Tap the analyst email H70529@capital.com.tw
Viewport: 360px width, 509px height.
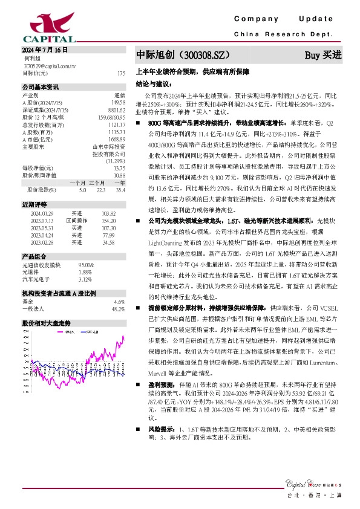coord(50,65)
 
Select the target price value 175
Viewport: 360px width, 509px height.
coord(121,73)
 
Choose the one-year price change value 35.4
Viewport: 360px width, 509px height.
coord(120,190)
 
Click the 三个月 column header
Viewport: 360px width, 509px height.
coord(97,183)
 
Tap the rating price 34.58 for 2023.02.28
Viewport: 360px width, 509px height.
coord(108,242)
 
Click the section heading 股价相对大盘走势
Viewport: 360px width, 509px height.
coord(46,323)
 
